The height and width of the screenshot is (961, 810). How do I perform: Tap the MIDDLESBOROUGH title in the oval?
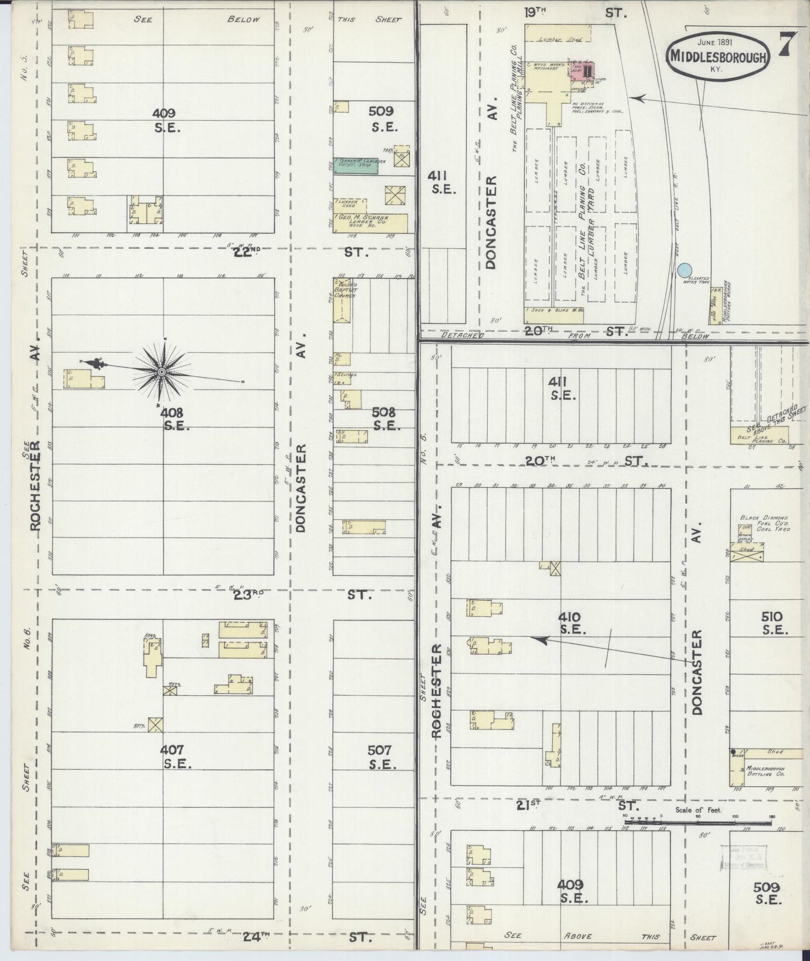718,57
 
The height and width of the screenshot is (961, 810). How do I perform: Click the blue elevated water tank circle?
683,270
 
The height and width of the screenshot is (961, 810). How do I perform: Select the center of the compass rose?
162,372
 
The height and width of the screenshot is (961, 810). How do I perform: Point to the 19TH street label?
535,12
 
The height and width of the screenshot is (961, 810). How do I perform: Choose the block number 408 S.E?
175,418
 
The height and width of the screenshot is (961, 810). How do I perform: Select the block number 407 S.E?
175,756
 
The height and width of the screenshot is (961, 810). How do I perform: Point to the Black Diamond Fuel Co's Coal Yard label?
764,523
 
